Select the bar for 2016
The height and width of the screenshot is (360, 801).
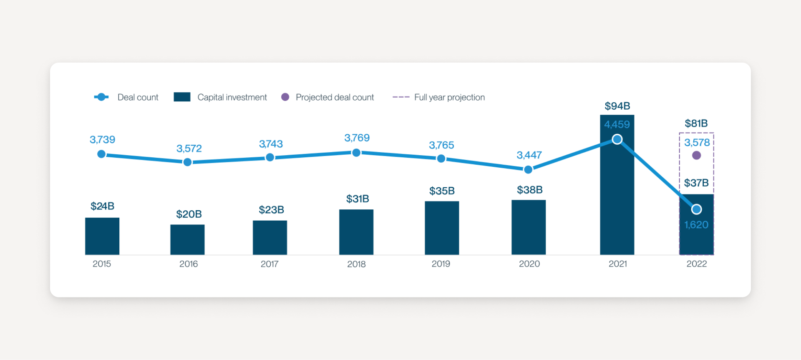187,239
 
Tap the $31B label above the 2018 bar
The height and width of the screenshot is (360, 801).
358,199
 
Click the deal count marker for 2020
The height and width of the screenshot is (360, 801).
528,169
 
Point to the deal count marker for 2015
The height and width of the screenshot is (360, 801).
101,154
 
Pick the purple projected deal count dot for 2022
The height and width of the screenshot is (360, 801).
696,156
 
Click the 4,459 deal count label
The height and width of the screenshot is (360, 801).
617,124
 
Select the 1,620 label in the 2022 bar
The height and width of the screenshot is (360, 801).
696,225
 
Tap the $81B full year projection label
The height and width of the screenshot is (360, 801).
696,123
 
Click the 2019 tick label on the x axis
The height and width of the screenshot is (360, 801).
441,264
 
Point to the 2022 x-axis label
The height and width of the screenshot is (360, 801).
697,264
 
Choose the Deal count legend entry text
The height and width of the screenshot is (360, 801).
138,97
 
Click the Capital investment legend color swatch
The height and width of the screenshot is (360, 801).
182,97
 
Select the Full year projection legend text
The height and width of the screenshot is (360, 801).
449,97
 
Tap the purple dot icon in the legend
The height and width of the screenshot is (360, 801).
285,97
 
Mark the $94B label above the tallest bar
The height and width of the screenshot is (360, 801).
617,106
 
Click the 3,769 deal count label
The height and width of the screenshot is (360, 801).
357,138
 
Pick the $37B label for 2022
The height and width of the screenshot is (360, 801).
696,183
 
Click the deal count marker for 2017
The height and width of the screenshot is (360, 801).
270,157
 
